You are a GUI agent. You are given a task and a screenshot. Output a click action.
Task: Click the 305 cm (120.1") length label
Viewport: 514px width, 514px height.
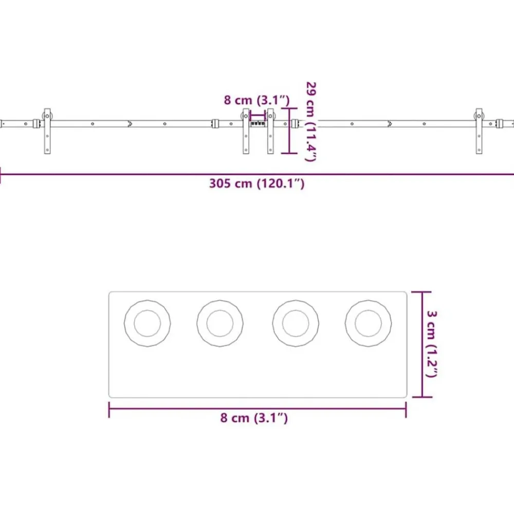(256, 183)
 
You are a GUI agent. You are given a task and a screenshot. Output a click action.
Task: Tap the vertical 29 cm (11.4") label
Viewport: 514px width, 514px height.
(311, 122)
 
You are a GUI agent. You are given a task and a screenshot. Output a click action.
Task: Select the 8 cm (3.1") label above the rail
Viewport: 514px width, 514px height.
(256, 100)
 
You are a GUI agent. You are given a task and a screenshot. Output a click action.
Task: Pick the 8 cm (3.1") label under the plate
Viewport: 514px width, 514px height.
(254, 418)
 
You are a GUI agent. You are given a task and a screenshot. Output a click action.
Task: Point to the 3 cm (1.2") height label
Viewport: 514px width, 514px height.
(432, 344)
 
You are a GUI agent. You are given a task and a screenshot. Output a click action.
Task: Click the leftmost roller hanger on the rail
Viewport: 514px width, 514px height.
(47, 131)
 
